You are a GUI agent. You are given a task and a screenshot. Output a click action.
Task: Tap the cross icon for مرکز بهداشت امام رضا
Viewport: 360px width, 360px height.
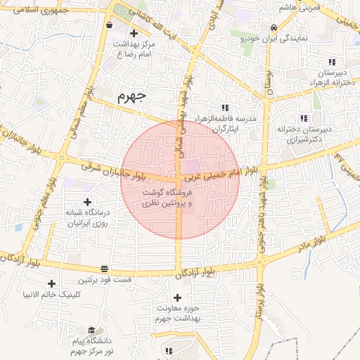[134, 33]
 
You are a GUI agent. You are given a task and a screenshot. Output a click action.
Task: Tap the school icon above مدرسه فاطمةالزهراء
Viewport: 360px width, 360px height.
[225, 108]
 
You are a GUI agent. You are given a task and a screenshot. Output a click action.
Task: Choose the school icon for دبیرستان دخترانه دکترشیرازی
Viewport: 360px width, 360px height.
[303, 118]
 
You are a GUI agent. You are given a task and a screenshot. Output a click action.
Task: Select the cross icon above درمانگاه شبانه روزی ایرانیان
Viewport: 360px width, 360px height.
[87, 202]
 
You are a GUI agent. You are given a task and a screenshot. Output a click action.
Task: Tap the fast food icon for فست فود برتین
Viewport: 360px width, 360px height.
[105, 269]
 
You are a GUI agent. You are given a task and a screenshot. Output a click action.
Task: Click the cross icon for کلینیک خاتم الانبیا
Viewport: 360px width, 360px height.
[51, 283]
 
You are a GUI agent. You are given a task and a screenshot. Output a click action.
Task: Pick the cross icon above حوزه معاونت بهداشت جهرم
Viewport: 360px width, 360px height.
[177, 298]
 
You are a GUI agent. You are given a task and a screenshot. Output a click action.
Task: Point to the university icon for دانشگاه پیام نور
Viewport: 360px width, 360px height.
[91, 330]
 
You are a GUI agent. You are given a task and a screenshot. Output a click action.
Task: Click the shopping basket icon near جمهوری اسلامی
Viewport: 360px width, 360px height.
[109, 23]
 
